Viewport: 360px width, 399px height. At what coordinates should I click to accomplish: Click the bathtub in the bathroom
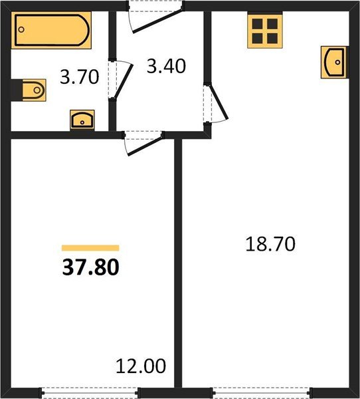pos(51,30)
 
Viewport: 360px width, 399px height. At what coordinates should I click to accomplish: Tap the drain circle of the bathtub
pos(21,29)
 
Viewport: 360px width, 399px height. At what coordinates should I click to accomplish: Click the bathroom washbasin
pos(82,120)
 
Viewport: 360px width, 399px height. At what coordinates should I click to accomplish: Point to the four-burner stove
pos(265,31)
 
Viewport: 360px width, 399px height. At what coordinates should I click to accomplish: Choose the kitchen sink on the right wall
pos(335,62)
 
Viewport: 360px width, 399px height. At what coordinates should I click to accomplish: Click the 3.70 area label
pos(79,77)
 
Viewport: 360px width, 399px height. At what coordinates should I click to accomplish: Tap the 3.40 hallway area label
pos(166,66)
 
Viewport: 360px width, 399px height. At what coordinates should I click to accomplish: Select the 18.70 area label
pos(270,244)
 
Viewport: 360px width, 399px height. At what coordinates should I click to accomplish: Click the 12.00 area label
pos(141,366)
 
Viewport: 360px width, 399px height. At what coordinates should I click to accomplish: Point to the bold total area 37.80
pos(91,267)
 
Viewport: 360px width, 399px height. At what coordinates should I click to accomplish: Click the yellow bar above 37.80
pos(90,248)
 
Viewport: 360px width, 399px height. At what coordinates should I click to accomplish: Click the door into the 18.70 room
pos(218,102)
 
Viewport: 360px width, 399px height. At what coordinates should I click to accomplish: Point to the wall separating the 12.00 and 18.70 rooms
pos(178,263)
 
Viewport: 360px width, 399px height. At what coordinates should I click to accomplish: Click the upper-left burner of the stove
pos(257,24)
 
